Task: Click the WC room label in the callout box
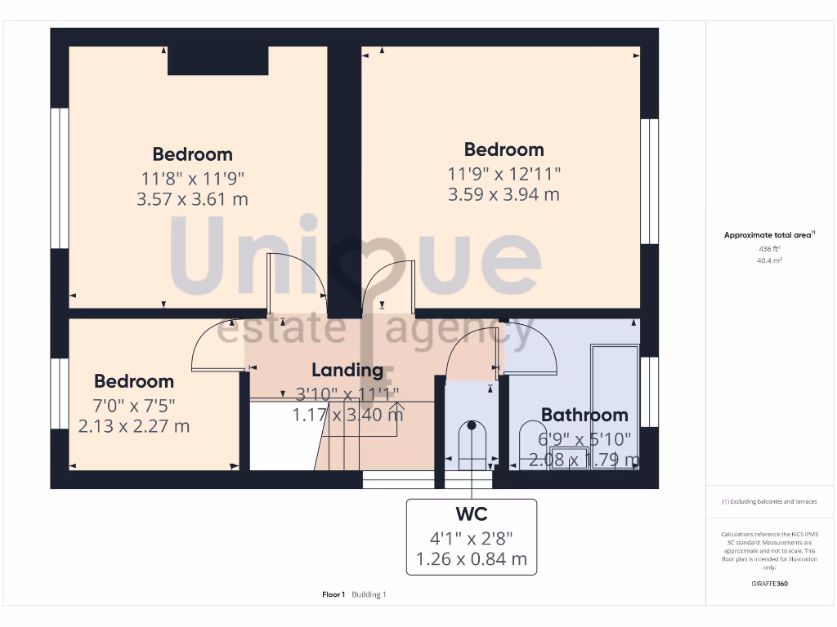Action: click(472, 514)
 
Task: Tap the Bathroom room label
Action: click(584, 415)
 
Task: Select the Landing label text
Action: click(347, 370)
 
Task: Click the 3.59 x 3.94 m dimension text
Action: click(504, 194)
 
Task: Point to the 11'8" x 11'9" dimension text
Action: click(192, 177)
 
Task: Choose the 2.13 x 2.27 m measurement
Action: click(134, 426)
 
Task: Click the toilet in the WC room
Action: click(471, 445)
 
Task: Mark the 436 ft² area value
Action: click(769, 248)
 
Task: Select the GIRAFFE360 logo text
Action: click(769, 584)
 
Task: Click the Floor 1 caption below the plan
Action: click(333, 594)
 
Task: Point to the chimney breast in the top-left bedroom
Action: click(217, 61)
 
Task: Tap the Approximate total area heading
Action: click(769, 235)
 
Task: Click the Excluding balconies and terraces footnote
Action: click(769, 501)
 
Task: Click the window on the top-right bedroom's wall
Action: click(649, 181)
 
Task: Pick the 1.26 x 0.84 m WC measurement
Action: click(472, 560)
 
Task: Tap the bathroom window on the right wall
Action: click(649, 392)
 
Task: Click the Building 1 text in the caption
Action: click(369, 594)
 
